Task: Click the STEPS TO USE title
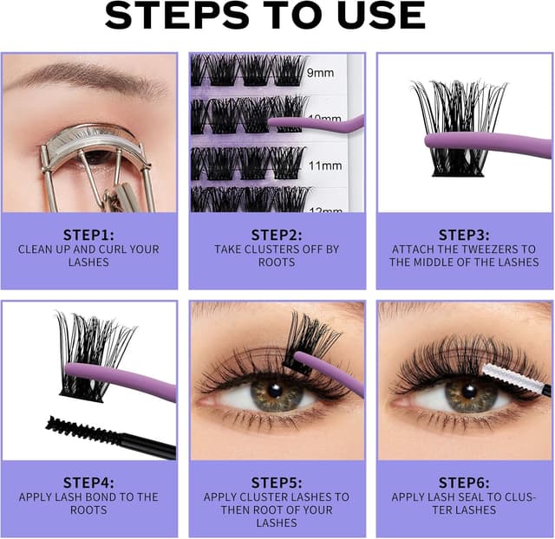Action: click(277, 16)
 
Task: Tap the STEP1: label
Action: click(89, 234)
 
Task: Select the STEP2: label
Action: click(277, 234)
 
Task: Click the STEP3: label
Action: click(464, 234)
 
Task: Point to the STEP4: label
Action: click(89, 482)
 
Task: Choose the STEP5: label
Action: click(277, 482)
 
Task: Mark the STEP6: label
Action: click(464, 482)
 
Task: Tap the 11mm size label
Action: click(326, 165)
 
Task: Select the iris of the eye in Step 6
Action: click(468, 395)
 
